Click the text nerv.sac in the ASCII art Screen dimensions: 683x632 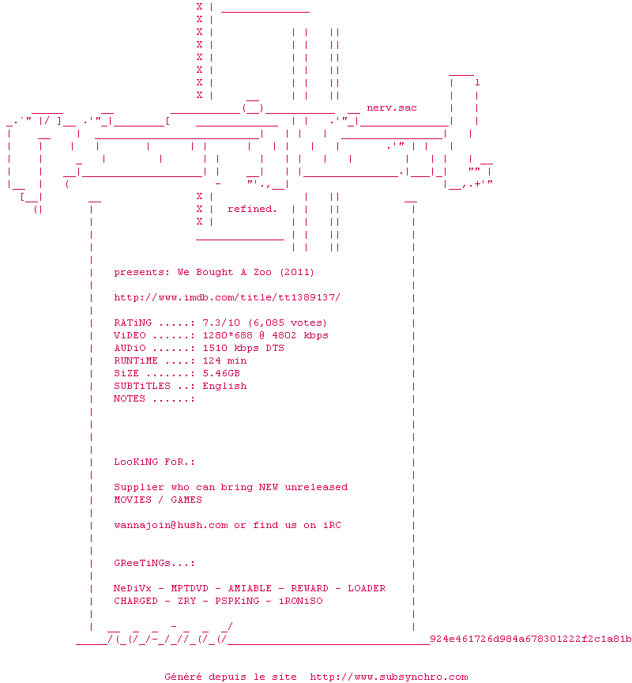[x=392, y=108]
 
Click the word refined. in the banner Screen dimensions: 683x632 [x=252, y=209]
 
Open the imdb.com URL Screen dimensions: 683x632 [x=227, y=297]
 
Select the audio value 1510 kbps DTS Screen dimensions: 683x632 [x=243, y=348]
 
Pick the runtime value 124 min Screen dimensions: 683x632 [x=224, y=360]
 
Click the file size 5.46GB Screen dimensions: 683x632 [x=221, y=373]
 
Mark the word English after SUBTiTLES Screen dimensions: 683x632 [x=224, y=386]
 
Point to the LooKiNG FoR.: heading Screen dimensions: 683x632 [x=154, y=462]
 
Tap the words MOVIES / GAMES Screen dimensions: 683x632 [x=158, y=500]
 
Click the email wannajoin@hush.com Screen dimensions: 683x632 [x=171, y=525]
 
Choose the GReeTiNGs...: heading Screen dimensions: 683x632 [x=154, y=563]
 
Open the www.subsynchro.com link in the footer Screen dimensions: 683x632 [x=389, y=677]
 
